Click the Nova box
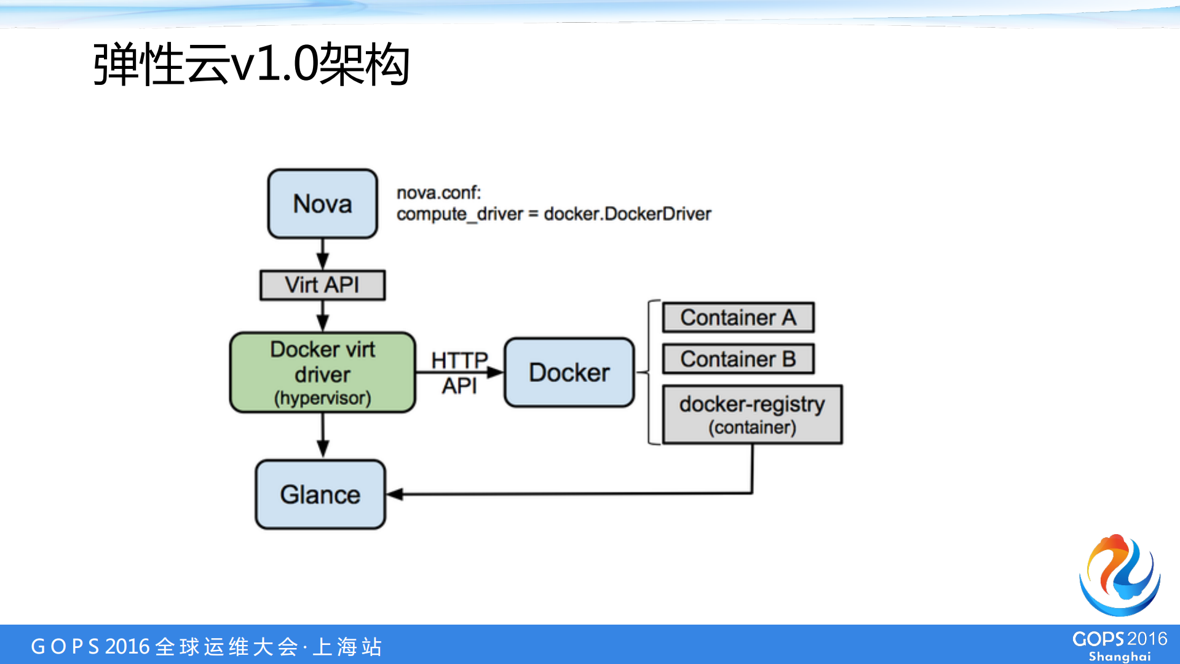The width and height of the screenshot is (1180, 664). [322, 204]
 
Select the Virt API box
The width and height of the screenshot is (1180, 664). [322, 285]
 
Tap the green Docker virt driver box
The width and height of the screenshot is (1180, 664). [322, 372]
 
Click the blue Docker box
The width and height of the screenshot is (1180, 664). [569, 372]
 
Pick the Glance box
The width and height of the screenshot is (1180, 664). [320, 494]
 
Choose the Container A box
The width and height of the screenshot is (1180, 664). [738, 318]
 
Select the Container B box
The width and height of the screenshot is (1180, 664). [738, 359]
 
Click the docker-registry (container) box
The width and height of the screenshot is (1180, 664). [752, 415]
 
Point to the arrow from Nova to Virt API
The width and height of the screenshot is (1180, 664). [322, 254]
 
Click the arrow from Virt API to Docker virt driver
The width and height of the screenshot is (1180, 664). [322, 316]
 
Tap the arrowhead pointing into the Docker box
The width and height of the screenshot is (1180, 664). [495, 372]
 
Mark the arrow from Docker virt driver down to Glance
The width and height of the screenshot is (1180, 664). [323, 436]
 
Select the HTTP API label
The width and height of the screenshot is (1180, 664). [459, 372]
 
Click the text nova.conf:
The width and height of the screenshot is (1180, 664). [438, 193]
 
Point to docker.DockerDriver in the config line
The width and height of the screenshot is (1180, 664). [627, 214]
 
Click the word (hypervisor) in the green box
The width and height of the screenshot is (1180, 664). [322, 398]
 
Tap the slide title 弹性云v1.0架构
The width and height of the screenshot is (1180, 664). [251, 64]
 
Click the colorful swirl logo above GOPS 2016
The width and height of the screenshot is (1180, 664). [1120, 575]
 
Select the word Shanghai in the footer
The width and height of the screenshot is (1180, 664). [1120, 657]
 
